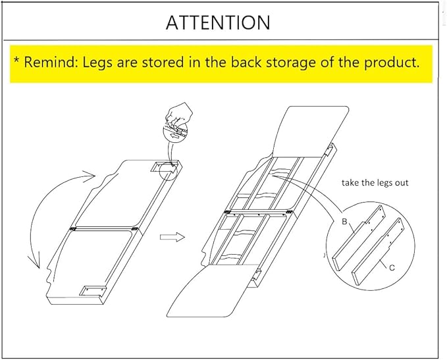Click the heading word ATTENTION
pos(218,22)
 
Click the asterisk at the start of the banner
pos(17,60)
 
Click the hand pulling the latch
pos(179,115)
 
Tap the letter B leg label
pos(344,222)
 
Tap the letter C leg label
pos(392,268)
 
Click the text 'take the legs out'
pos(375,183)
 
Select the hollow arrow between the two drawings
pos(172,237)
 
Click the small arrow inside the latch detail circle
pos(174,136)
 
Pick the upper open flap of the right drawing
pos(310,132)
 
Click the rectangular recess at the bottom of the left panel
pos(93,291)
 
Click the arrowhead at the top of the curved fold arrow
pos(89,174)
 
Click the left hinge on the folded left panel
pos(73,228)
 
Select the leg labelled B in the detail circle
pos(359,238)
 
